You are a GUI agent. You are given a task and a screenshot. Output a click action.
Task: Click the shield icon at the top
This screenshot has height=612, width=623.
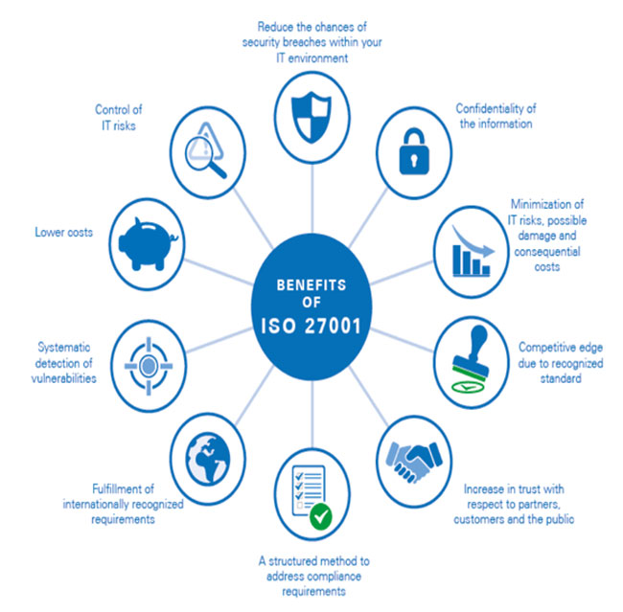tap(311, 118)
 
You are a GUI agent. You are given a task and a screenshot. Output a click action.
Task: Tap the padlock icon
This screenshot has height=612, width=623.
tap(414, 151)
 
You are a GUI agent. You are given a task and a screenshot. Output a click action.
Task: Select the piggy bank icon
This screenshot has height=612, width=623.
tap(148, 244)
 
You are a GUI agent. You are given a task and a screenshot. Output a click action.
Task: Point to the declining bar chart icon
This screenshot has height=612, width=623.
tap(473, 251)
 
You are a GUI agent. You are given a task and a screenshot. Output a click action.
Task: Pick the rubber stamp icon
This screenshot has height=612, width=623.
tap(472, 351)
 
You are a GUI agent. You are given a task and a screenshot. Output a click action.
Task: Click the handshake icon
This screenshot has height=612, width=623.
tap(414, 461)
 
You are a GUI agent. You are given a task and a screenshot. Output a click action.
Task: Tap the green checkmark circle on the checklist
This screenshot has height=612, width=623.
tap(321, 516)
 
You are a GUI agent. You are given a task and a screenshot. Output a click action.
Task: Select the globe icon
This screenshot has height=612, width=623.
tap(208, 459)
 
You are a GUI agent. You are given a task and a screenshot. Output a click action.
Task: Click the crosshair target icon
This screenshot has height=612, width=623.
tap(149, 366)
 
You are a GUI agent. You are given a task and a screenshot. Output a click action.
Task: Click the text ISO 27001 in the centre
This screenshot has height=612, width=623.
tap(311, 326)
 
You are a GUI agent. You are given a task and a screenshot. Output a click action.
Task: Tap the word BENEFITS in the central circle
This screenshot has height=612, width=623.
tap(311, 285)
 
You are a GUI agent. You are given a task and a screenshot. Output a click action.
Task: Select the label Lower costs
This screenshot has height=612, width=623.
tap(64, 232)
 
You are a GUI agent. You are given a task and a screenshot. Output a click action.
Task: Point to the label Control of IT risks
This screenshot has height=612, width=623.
tap(119, 118)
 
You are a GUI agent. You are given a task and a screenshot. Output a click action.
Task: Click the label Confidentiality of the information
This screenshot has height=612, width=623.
tap(496, 116)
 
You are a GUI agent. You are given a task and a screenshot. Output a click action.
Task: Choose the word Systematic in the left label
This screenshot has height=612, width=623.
tap(64, 347)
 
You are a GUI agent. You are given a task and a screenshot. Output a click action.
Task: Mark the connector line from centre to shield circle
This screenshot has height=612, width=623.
tap(312, 198)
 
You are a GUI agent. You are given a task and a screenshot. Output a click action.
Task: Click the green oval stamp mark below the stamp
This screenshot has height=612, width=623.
tap(468, 386)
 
